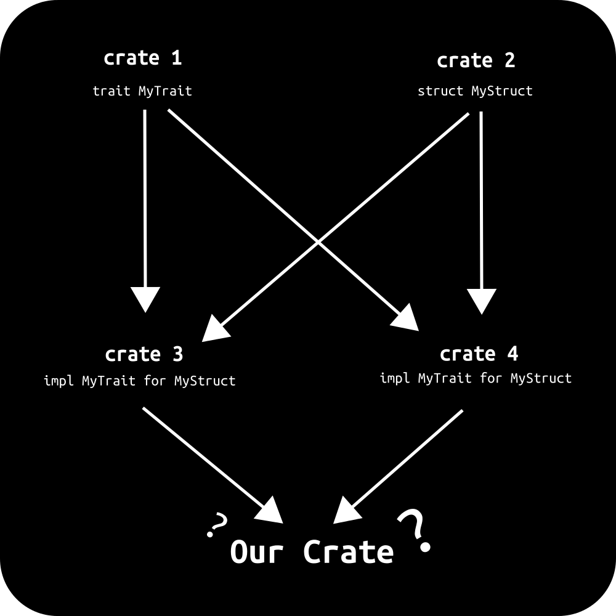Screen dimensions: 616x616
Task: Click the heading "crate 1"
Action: [143, 59]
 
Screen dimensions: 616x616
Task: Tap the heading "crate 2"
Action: [476, 61]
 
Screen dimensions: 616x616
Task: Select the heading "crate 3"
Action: [144, 355]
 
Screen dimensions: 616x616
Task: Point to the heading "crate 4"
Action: [479, 354]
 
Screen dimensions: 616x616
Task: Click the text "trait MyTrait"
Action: [142, 91]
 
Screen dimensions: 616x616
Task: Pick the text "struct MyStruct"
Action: [475, 91]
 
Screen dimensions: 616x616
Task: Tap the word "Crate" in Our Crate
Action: [348, 552]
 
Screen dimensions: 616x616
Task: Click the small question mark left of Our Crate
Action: [217, 525]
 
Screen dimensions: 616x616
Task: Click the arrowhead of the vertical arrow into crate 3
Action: [145, 299]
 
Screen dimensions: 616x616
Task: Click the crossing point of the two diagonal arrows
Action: [318, 242]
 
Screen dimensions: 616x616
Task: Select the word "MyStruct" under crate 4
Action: [541, 378]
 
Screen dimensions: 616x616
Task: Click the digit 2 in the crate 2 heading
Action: [508, 61]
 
